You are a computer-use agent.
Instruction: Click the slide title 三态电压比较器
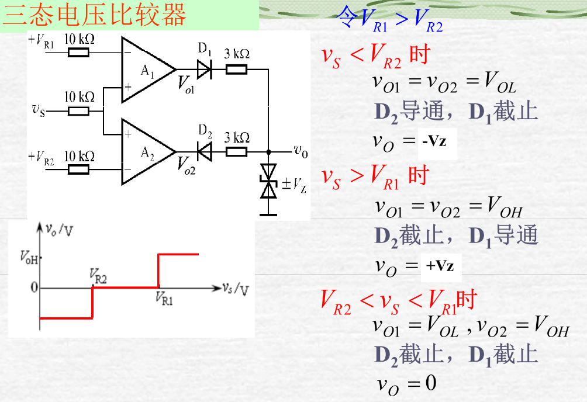pos(95,15)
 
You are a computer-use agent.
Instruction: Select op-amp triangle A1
pos(144,70)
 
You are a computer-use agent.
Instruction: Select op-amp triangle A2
pos(144,152)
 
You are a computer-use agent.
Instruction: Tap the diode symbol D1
pos(203,70)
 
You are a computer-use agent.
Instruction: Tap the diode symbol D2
pos(203,153)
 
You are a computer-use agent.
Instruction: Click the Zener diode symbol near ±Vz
pos(268,182)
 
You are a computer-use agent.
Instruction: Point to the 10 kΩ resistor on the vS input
pos(78,111)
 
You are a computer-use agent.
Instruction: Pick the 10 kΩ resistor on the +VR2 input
pos(78,169)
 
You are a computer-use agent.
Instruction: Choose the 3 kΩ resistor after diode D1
pos(236,70)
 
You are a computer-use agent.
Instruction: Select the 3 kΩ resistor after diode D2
pos(236,153)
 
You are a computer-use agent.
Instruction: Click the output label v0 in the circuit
pos(301,152)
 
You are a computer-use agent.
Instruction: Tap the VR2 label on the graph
pos(98,274)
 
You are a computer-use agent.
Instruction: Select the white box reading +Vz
pos(440,266)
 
